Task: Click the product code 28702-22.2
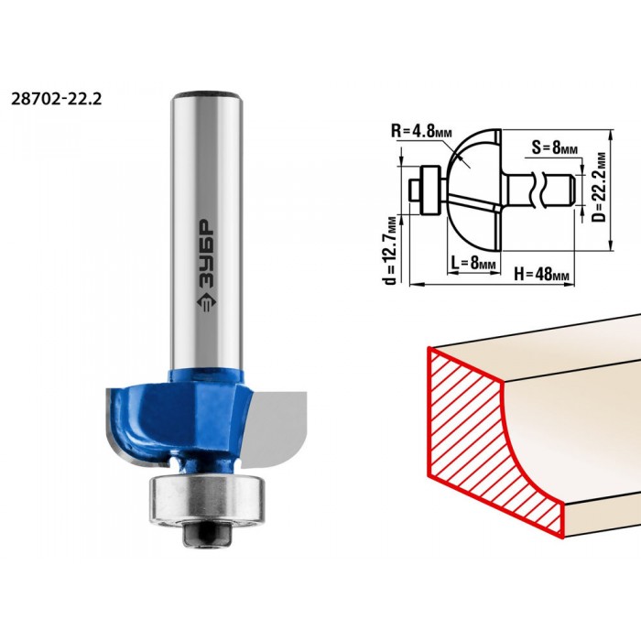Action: (x=56, y=99)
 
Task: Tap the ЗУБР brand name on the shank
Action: (x=207, y=254)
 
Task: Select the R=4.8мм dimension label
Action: (x=421, y=132)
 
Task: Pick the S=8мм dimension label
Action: (x=555, y=147)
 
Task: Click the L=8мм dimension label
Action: (x=473, y=263)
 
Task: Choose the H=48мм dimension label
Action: (x=541, y=275)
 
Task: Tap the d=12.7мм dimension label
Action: (x=393, y=250)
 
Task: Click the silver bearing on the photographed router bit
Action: (x=207, y=500)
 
